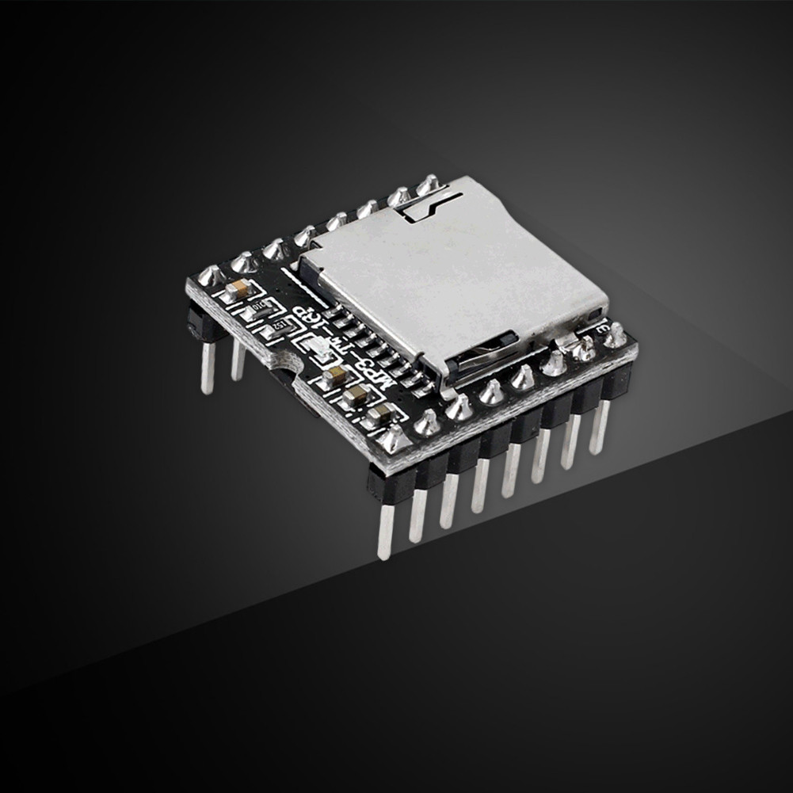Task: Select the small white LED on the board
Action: click(x=315, y=349)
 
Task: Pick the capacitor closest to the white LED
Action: click(x=335, y=375)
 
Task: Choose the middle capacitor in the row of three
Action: click(x=357, y=395)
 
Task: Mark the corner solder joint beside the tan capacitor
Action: click(x=211, y=276)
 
